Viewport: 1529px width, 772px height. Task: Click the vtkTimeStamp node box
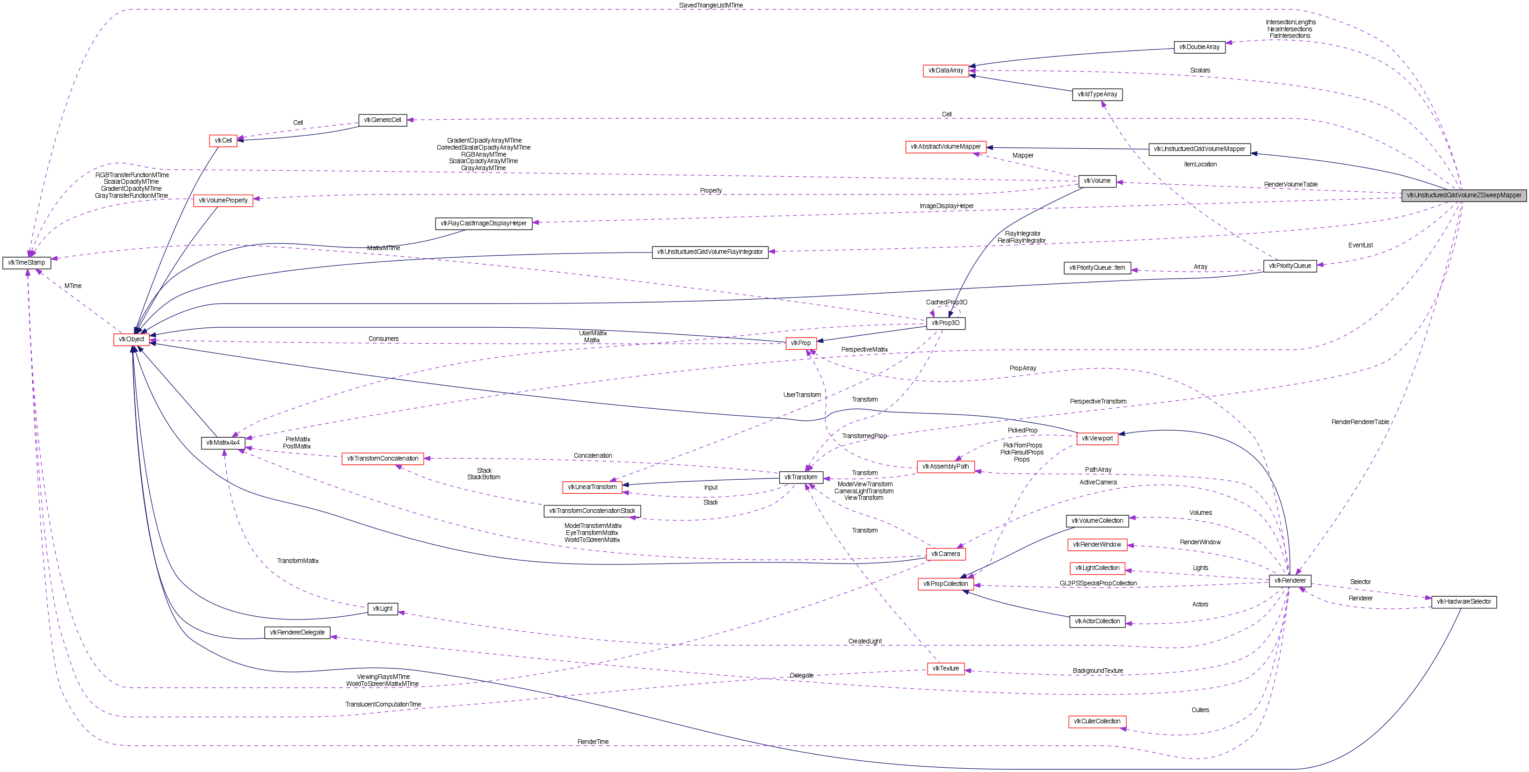[x=27, y=262]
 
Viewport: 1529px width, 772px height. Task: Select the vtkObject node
[x=131, y=339]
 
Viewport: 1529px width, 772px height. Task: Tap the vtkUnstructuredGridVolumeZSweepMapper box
[x=1464, y=195]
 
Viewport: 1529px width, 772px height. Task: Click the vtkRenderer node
[x=1290, y=580]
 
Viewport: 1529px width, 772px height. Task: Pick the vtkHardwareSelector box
[x=1464, y=602]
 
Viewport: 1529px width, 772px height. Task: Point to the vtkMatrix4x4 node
[x=223, y=443]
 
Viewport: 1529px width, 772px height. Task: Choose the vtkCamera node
[x=946, y=554]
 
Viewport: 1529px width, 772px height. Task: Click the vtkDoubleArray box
[x=1199, y=47]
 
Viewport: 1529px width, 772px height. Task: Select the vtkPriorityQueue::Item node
[x=1097, y=267]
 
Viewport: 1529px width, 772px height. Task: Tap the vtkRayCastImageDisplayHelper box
[x=484, y=223]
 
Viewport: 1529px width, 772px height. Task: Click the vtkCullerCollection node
[x=1097, y=721]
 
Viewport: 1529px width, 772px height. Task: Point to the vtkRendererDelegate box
[x=297, y=633]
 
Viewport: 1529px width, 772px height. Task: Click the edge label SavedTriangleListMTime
[x=710, y=5]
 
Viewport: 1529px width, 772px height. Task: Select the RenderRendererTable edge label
[x=1360, y=422]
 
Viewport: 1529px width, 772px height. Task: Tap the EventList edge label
[x=1360, y=245]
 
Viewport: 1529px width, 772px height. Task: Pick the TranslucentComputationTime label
[x=383, y=704]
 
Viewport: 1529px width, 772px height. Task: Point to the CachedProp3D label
[x=947, y=302]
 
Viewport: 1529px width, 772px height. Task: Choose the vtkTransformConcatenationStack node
[x=592, y=511]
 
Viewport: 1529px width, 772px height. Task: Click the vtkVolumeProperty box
[x=223, y=201]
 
